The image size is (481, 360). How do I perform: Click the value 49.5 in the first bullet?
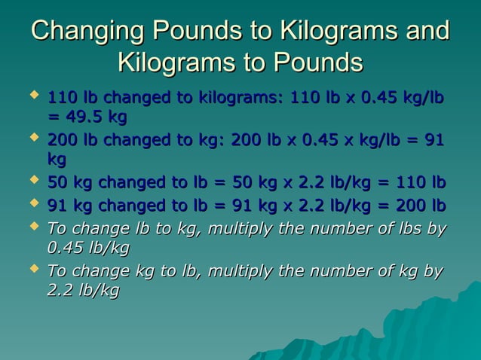click(x=84, y=117)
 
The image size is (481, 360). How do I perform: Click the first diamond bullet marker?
click(x=32, y=96)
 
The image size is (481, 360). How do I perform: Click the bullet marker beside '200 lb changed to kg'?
click(x=32, y=139)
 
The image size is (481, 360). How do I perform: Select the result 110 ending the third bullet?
click(x=412, y=184)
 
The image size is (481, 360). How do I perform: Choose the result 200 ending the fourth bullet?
click(x=412, y=206)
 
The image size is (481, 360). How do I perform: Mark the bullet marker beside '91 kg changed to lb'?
click(x=32, y=204)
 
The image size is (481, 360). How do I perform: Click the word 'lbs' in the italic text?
click(x=411, y=227)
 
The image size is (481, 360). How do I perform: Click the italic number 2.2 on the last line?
click(x=60, y=291)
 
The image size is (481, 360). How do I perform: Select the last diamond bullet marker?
click(x=32, y=269)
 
